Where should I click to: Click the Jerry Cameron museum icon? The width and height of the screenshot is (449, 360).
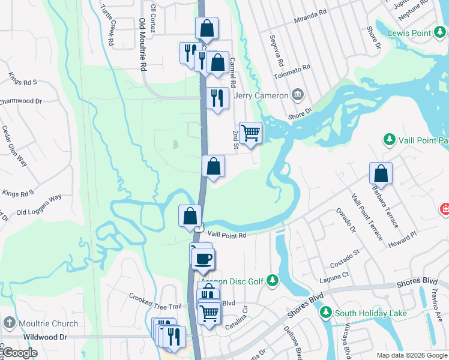pyautogui.click(x=297, y=95)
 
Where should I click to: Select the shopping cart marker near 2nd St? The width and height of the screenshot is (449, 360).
pyautogui.click(x=250, y=133)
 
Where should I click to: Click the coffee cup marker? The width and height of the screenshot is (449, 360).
pyautogui.click(x=203, y=259)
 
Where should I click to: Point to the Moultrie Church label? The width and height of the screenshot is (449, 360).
pyautogui.click(x=48, y=323)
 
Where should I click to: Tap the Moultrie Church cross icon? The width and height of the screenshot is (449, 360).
pyautogui.click(x=9, y=323)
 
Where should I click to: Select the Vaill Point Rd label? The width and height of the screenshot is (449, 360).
pyautogui.click(x=226, y=236)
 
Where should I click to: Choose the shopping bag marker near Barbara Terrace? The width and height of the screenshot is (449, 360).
pyautogui.click(x=381, y=173)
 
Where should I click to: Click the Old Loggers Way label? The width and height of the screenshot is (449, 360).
pyautogui.click(x=39, y=205)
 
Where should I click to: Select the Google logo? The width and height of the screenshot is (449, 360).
pyautogui.click(x=20, y=353)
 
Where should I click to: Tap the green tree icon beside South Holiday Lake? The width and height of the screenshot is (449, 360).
pyautogui.click(x=326, y=313)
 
